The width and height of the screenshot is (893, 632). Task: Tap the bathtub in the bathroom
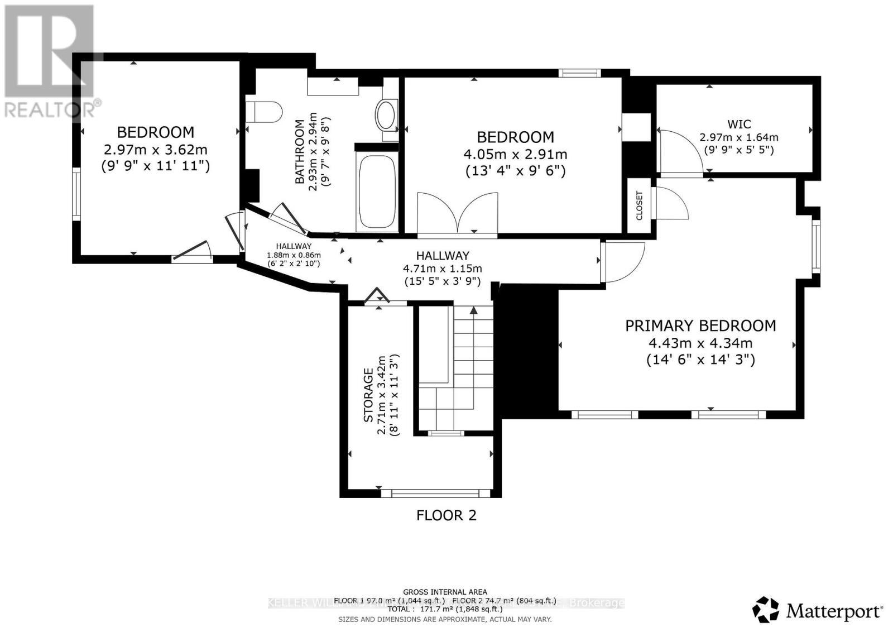[378, 191]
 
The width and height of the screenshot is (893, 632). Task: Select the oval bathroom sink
[386, 115]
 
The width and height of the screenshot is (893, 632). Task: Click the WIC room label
[739, 124]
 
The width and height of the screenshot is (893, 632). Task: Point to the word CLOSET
[640, 205]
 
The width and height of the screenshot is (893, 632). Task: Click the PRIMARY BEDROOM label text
[700, 325]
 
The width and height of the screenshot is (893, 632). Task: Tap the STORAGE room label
[368, 395]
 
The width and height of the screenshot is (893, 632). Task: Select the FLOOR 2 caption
[446, 515]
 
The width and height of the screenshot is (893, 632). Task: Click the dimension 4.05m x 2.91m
[515, 154]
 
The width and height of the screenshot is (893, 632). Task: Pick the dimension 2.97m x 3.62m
[155, 150]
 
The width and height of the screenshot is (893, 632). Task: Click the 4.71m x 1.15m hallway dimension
[442, 269]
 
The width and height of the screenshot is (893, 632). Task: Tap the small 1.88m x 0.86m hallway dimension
[294, 255]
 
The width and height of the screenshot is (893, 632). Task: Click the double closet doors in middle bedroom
[457, 213]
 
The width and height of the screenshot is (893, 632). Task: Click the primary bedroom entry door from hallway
[622, 261]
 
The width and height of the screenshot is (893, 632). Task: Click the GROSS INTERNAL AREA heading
[445, 592]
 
